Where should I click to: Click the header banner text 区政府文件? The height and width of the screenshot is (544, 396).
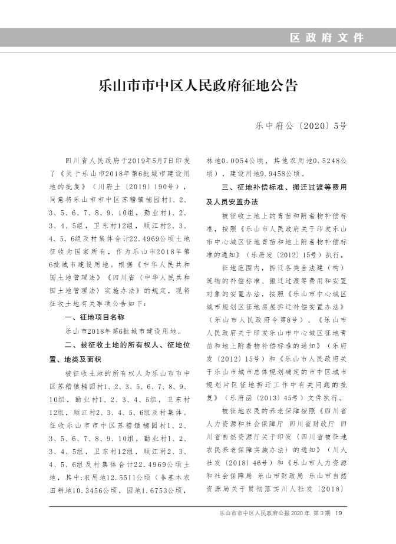click(327, 38)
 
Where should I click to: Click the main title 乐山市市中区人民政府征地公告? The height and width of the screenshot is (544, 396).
click(198, 86)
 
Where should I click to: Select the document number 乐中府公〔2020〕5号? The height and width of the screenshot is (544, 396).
click(301, 125)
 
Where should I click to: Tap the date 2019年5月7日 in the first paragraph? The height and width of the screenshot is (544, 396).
click(150, 160)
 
